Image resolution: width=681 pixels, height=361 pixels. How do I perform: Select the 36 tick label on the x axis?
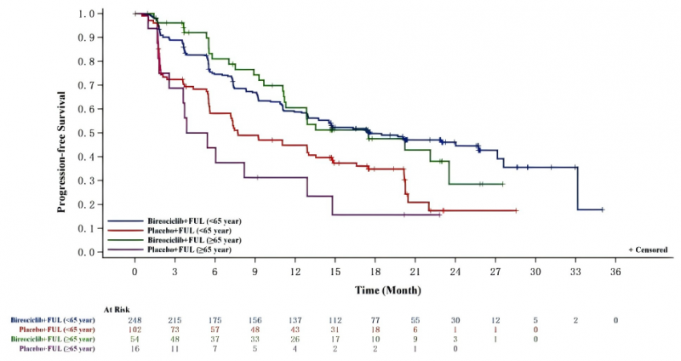pos(615,271)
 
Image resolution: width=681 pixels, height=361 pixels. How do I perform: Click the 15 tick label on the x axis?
pos(335,271)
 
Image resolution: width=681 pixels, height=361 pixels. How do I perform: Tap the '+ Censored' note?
pos(650,249)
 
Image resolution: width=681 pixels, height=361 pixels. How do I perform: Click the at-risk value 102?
pos(134,329)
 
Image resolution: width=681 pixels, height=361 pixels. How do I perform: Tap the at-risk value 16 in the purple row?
pos(134,349)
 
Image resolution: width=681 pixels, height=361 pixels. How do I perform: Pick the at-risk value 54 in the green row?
pos(134,339)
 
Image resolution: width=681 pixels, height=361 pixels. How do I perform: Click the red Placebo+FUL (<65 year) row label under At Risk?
pos(65,329)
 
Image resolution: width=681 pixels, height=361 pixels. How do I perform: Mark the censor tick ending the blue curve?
pos(602,209)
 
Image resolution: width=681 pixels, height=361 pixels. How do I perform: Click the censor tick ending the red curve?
pos(517,210)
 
